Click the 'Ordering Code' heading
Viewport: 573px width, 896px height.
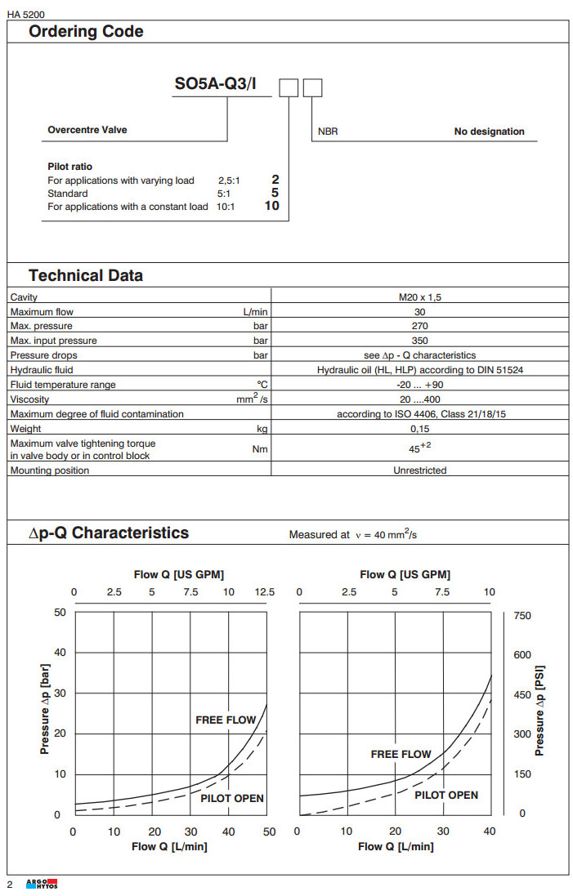pos(86,32)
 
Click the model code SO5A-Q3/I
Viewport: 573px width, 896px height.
pos(222,85)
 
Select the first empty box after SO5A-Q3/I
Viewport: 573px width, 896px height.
pos(289,87)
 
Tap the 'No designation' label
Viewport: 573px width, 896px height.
pos(489,132)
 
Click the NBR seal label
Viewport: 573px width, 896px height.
pos(327,132)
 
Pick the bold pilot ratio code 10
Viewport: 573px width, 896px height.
pos(271,206)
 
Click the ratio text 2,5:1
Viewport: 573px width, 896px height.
pos(230,180)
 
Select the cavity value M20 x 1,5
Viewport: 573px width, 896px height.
pos(420,297)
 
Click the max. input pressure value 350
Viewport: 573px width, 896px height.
pos(420,341)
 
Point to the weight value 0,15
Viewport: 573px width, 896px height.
pos(420,429)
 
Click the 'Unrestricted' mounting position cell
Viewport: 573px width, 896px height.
pos(420,470)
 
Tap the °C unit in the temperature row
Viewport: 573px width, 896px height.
pos(262,385)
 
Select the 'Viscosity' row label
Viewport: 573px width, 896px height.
pos(29,399)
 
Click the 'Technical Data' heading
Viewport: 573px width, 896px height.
pos(86,275)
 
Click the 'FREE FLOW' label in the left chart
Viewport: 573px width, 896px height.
pos(226,720)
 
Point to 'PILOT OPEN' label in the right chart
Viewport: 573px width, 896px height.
pos(446,795)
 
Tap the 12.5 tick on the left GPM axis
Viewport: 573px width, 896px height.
pos(265,592)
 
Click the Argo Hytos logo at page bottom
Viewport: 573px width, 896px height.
pos(43,885)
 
